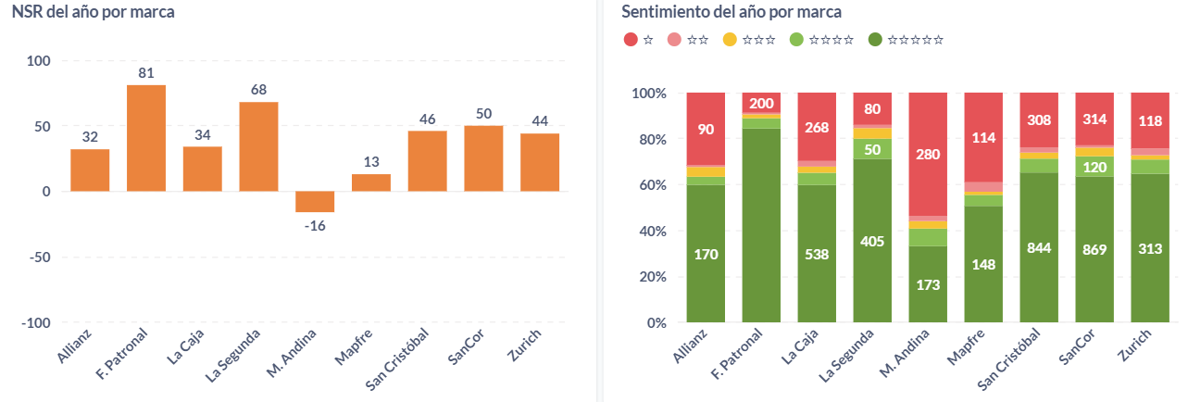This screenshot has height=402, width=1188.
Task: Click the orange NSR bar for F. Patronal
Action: (146, 138)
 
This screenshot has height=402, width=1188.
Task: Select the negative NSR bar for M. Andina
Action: (315, 201)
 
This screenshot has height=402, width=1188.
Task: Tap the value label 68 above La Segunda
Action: (258, 90)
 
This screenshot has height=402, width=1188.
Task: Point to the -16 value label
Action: (315, 225)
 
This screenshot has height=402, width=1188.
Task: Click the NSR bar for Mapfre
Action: (371, 182)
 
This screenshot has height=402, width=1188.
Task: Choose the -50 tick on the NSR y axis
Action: (38, 257)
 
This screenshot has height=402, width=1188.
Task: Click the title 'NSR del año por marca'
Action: (93, 12)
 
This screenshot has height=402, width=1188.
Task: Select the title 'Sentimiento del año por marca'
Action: (732, 12)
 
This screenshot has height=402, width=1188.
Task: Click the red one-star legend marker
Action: (632, 39)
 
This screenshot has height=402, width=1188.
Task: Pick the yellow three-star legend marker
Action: (730, 39)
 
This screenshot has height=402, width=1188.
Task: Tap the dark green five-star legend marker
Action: (876, 39)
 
